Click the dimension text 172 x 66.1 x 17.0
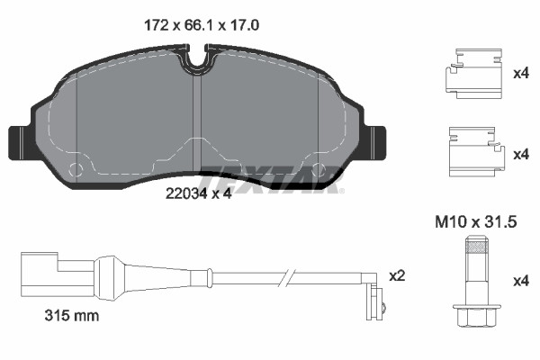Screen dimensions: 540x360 202,25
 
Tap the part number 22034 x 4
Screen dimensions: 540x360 198,194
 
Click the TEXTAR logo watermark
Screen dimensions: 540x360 272,180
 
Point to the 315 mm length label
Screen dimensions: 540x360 72,316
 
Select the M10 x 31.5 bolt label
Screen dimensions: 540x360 476,222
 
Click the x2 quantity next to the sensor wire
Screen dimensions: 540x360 397,275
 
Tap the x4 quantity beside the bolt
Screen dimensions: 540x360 521,281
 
